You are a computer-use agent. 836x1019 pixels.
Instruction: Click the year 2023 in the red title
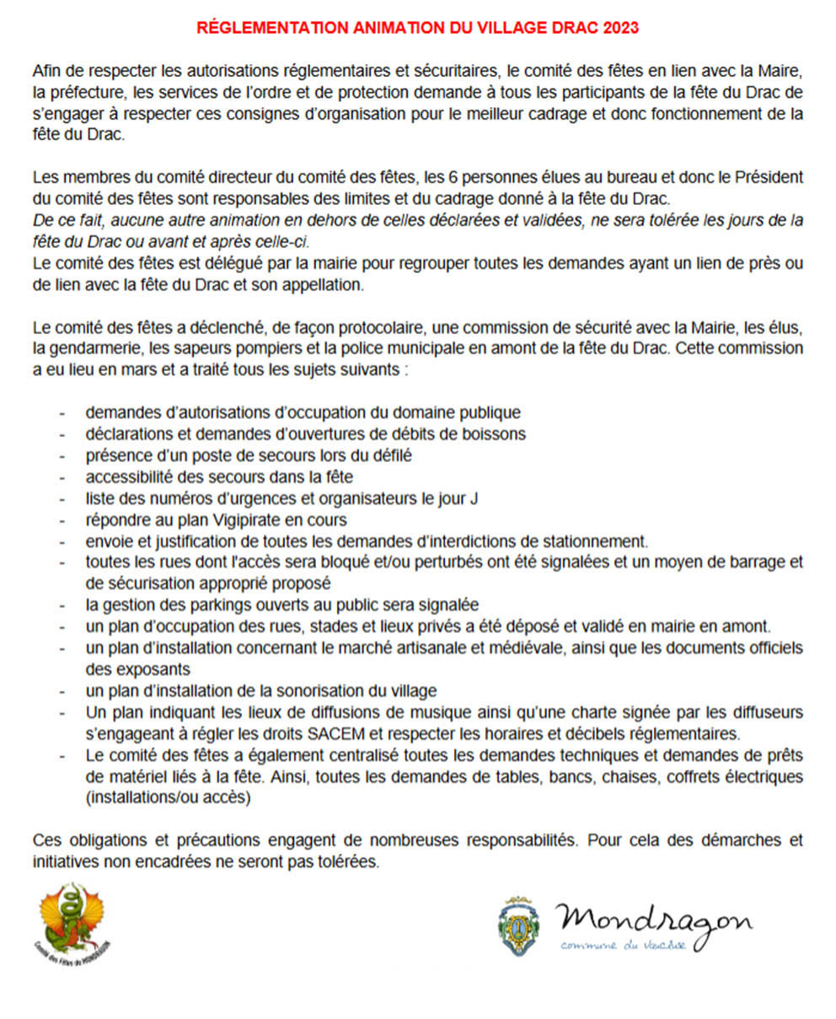[x=621, y=28]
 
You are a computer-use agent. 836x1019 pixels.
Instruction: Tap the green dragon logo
[x=75, y=922]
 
